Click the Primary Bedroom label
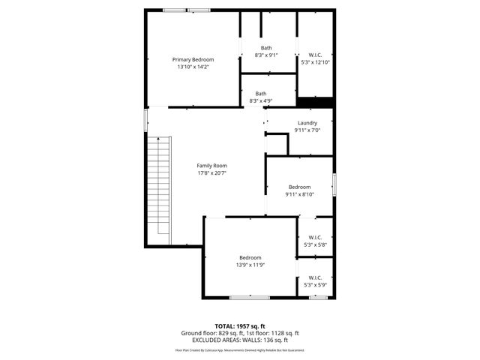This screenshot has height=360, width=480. point(193,59)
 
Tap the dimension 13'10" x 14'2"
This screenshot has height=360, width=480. point(193,67)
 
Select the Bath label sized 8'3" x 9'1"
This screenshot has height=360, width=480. point(266,48)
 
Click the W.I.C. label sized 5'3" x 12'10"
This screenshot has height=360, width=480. point(315,55)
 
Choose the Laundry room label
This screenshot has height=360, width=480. point(307,123)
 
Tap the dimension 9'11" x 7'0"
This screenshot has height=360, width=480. point(307,130)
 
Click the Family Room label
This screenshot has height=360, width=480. point(211,166)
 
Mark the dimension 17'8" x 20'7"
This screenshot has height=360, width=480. point(211,173)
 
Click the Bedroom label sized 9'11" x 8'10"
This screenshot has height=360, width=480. point(300,187)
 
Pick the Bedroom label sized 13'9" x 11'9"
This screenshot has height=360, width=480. point(250,257)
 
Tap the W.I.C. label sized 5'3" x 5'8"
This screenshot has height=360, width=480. point(315,237)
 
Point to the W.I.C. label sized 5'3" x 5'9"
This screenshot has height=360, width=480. point(315,277)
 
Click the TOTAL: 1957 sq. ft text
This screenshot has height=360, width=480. point(240,325)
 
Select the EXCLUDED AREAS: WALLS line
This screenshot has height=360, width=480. point(240,339)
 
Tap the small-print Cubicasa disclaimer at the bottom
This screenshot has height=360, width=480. point(240,349)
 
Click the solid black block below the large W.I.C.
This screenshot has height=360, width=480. point(315,103)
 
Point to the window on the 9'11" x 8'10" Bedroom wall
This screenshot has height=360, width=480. point(334,184)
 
